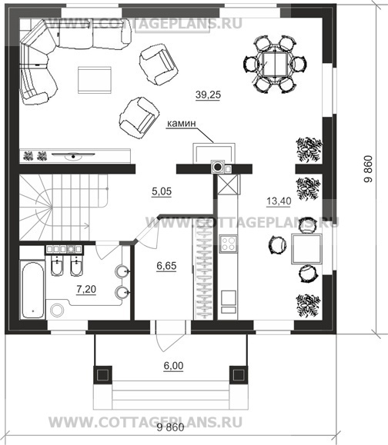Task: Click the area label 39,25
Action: pyautogui.click(x=208, y=95)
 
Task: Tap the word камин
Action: pyautogui.click(x=182, y=124)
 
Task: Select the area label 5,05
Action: pyautogui.click(x=162, y=191)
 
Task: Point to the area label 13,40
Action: pyautogui.click(x=279, y=201)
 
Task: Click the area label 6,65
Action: pyautogui.click(x=166, y=266)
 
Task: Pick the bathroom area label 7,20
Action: pyautogui.click(x=86, y=290)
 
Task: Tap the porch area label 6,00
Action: pyautogui.click(x=173, y=366)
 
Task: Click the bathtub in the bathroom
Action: pyautogui.click(x=33, y=290)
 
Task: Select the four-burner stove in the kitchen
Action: pyautogui.click(x=229, y=244)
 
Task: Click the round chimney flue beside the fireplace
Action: pyautogui.click(x=218, y=167)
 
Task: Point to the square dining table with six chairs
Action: pyautogui.click(x=275, y=64)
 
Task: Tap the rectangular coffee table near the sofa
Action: pyautogui.click(x=95, y=80)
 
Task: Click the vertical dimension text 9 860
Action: pyautogui.click(x=368, y=169)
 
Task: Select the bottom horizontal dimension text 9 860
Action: pyautogui.click(x=170, y=427)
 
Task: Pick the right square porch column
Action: pyautogui.click(x=239, y=375)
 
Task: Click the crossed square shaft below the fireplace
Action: pyautogui.click(x=228, y=184)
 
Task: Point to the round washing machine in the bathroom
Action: pyautogui.click(x=57, y=310)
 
